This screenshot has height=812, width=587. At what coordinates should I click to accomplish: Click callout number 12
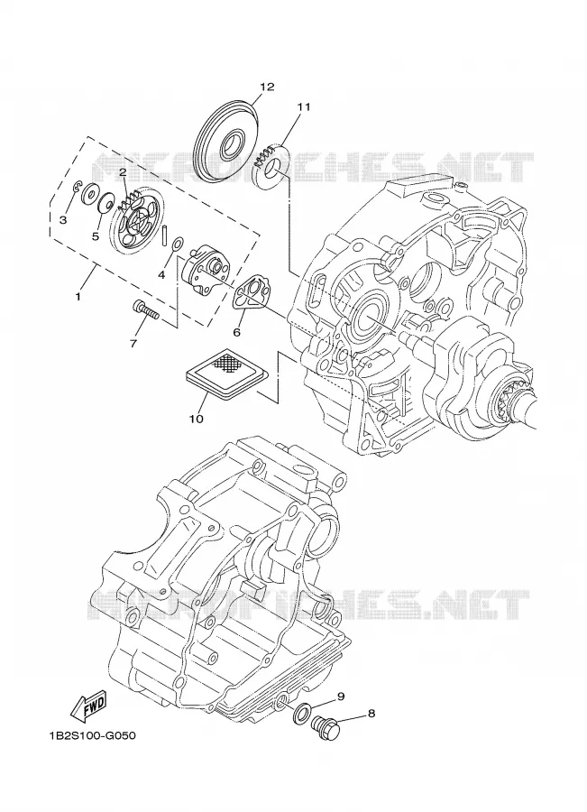pos(267,87)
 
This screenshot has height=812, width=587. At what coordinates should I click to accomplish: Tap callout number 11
pos(303,106)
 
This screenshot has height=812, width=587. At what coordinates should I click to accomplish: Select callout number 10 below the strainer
pos(197,418)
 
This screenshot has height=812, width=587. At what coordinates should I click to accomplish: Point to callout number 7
pos(133,343)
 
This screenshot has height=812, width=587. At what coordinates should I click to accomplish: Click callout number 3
pos(62,219)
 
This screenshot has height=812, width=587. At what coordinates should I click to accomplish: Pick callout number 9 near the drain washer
pos(341,697)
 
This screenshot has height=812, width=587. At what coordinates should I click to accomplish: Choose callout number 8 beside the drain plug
pos(371,714)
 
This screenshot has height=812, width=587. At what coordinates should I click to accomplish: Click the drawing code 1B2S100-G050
pos(93,735)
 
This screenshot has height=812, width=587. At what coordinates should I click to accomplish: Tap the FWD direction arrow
pos(88,707)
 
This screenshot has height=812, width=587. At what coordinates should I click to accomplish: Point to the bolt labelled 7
pos(146,309)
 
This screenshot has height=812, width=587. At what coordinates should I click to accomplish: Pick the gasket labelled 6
pos(250,292)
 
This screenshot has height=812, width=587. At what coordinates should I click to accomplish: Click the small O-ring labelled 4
pos(177,244)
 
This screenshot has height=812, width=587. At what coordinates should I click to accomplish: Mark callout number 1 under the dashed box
pos(78,297)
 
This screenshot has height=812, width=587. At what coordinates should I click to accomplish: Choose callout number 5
pos(96,236)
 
